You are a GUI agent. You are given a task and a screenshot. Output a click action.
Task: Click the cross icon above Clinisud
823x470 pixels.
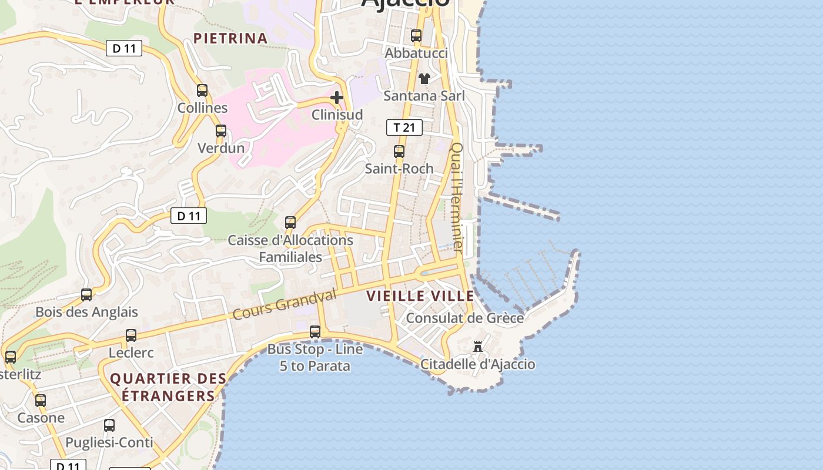(x=337, y=98)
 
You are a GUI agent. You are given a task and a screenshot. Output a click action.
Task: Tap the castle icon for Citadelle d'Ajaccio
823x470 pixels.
(x=478, y=347)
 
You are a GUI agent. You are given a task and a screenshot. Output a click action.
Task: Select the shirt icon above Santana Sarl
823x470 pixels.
(x=424, y=79)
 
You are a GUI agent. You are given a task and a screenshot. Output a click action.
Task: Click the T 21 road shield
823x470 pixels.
(x=404, y=127)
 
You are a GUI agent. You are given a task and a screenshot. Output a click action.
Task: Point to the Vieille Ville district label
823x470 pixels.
(x=420, y=296)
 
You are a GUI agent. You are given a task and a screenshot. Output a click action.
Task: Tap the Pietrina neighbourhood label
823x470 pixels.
(x=230, y=39)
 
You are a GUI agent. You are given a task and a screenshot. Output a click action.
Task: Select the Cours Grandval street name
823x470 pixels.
(x=285, y=304)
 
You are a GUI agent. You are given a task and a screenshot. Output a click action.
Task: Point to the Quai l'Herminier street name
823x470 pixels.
(x=457, y=197)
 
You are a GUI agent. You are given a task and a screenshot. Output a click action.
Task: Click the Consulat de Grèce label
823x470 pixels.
(x=465, y=318)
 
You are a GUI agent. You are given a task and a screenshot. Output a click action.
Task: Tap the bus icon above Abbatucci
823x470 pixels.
(x=416, y=36)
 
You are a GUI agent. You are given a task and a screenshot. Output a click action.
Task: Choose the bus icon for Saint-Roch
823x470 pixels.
(x=399, y=152)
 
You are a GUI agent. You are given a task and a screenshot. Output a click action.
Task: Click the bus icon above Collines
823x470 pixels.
(x=202, y=90)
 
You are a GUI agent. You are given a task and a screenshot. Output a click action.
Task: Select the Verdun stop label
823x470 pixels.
(x=221, y=148)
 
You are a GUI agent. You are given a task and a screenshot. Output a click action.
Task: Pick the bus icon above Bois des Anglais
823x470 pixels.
(x=86, y=295)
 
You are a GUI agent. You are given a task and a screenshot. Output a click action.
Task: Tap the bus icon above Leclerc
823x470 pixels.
(x=131, y=335)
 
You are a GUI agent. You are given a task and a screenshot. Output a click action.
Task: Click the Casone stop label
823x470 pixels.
(x=41, y=418)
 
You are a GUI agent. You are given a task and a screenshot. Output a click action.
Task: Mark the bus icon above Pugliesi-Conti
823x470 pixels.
(x=109, y=425)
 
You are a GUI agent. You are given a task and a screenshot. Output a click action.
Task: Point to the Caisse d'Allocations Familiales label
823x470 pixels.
(x=290, y=249)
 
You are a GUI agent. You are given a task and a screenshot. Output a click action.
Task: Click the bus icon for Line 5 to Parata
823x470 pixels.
(x=315, y=332)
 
